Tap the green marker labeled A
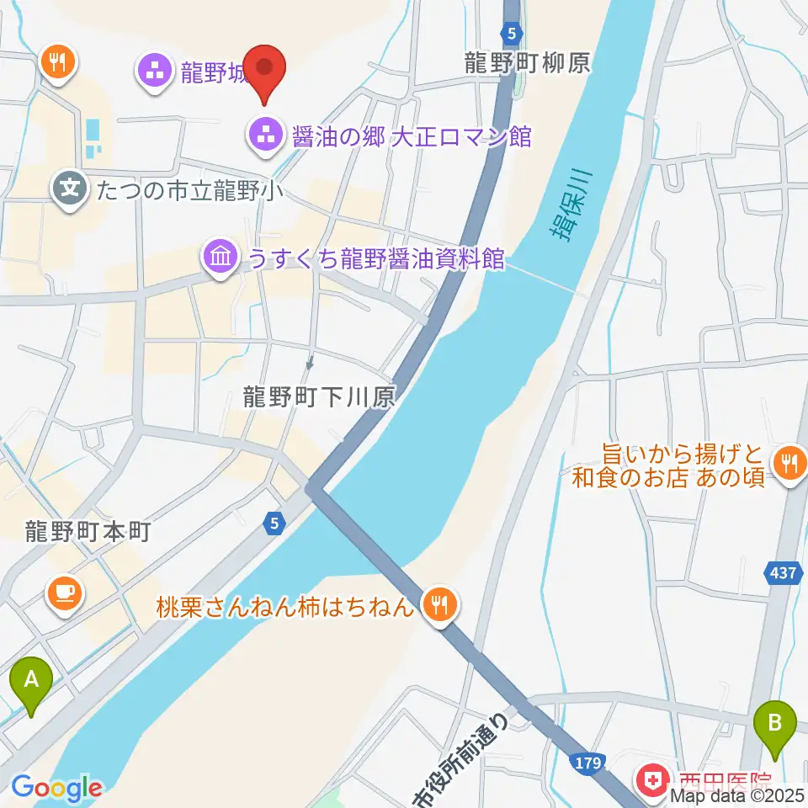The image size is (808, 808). [x=31, y=680]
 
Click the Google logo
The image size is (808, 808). [x=56, y=789]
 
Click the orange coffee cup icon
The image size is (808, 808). [x=66, y=593]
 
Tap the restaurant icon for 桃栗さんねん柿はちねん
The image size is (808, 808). [x=439, y=604]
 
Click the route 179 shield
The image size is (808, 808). [x=589, y=763]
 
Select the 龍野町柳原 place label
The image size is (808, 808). [x=528, y=63]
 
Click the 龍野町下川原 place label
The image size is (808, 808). [x=319, y=397]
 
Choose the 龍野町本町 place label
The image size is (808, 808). [x=87, y=532]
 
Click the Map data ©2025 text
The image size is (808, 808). [x=737, y=795]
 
